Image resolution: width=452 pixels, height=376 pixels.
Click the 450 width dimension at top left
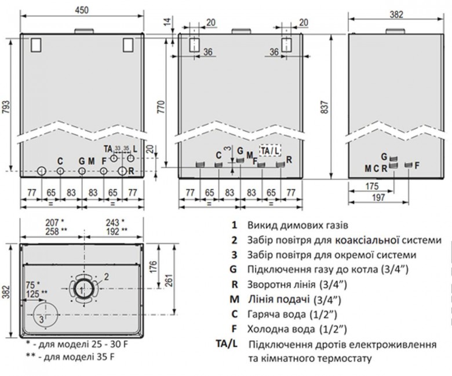point(82,10)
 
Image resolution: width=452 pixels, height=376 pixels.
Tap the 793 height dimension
point(6,108)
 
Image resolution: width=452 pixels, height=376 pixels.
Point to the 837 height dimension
point(325,107)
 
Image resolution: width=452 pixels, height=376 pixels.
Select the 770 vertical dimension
point(162,107)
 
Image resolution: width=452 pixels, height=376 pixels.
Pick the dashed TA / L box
point(270,150)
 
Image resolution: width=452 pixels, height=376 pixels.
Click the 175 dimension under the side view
point(372,186)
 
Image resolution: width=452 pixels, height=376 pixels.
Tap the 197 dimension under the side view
point(378,197)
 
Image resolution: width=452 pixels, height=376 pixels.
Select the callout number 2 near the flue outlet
point(107,277)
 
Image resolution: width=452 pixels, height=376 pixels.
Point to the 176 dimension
point(154,267)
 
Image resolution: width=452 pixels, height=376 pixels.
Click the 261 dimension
point(169,280)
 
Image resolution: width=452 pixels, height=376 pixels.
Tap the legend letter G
point(234,270)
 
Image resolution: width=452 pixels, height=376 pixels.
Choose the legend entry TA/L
point(227,344)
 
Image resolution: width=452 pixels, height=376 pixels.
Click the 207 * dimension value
point(54,222)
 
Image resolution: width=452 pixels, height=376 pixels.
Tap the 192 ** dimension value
point(116,231)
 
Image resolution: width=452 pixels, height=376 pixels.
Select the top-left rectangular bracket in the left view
point(36,45)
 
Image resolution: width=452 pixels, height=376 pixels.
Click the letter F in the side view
point(417,165)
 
